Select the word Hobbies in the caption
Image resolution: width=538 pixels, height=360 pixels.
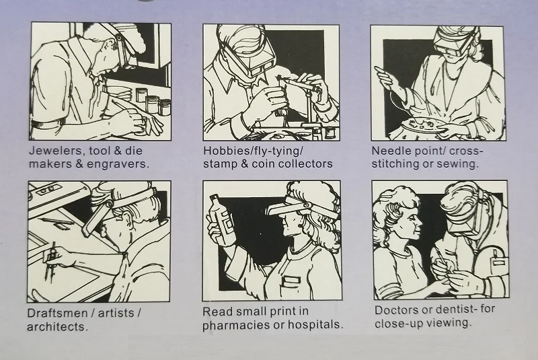[x=226, y=150]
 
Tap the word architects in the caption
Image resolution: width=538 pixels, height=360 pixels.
[x=57, y=326]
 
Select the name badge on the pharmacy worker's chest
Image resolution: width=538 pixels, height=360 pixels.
[x=290, y=281]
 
